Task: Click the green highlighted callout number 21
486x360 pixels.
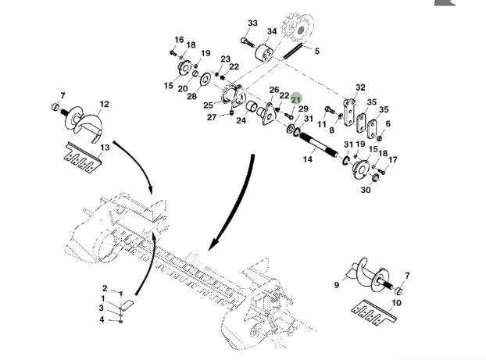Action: coord(296,99)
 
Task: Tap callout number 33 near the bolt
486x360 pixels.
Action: coord(252,23)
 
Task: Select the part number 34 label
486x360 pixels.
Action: coord(271,32)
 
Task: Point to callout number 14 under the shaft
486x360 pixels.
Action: coord(308,159)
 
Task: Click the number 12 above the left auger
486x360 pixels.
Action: coord(104,104)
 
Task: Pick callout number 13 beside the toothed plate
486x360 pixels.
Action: coord(103,148)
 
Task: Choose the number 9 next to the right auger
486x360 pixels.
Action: coord(337,285)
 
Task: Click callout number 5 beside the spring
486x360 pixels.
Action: coord(316,52)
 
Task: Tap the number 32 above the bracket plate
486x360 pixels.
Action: coord(360,87)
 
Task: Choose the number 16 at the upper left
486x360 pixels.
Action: coord(179,40)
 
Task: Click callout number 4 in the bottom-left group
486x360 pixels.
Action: coord(102,319)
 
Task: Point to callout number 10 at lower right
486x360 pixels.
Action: coord(396,302)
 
